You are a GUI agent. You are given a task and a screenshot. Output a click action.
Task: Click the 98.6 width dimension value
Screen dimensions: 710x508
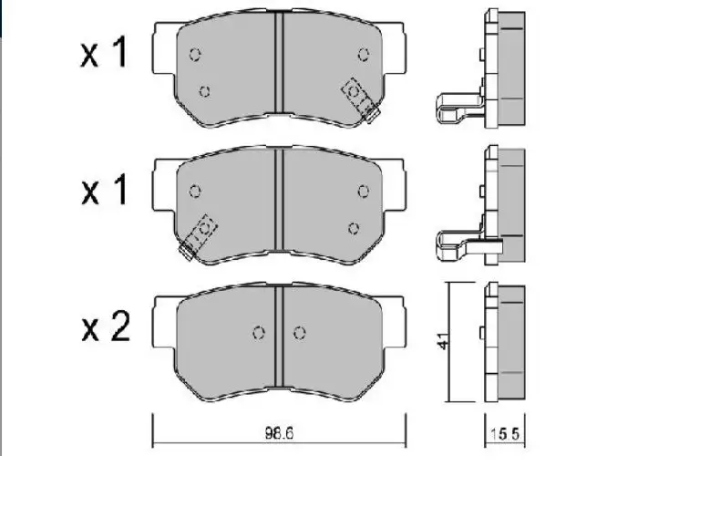point(279,433)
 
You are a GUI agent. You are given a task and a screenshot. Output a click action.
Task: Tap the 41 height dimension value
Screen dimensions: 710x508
point(444,341)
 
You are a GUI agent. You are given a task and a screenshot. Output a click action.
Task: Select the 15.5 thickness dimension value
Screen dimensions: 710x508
point(505,434)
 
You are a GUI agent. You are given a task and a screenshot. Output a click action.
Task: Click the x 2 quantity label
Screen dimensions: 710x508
point(106,327)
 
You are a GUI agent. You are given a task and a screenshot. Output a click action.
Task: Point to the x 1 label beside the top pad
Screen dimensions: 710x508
point(104,53)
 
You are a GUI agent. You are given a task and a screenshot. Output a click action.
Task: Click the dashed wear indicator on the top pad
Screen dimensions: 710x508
point(360,100)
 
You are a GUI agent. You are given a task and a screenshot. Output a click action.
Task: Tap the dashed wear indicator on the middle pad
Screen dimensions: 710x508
point(198,237)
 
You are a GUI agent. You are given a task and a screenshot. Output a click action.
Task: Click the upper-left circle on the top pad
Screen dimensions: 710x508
point(195,55)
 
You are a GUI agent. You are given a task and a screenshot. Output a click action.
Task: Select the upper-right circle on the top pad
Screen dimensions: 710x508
point(363,55)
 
